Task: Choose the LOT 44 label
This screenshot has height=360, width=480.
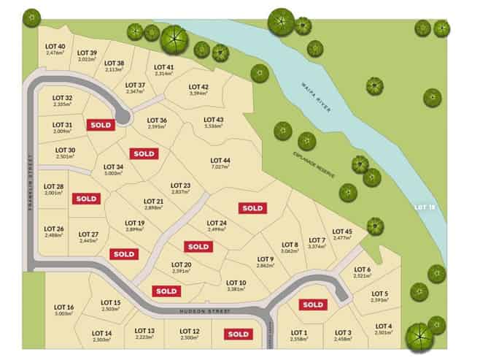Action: [x=220, y=160]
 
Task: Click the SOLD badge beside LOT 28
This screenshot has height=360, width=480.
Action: [x=86, y=198]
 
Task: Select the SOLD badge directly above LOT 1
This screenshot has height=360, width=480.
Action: [x=312, y=305]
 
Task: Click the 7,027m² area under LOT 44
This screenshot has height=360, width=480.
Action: [x=220, y=167]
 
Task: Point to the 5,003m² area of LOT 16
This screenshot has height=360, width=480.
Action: [x=64, y=313]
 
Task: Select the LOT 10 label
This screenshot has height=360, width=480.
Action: [x=236, y=282]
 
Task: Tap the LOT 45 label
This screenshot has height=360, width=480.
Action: [x=342, y=231]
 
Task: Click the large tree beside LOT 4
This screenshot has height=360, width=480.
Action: [x=419, y=337]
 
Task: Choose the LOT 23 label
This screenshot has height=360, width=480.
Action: [x=180, y=185]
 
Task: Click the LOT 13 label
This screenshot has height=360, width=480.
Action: [x=145, y=330]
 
